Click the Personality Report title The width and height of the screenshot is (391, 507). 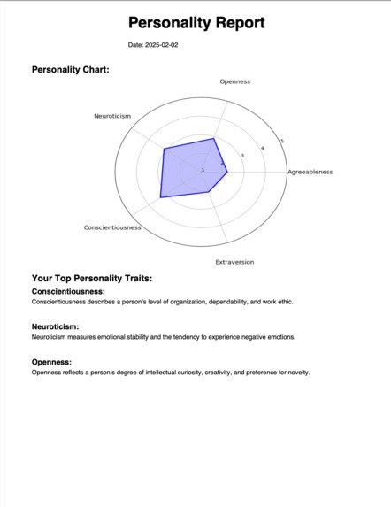click(195, 23)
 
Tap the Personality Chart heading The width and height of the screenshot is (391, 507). click(70, 69)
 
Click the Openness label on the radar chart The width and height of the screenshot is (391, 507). click(235, 81)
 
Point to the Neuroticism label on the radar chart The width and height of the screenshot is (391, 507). click(112, 116)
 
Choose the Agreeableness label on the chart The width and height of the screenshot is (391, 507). click(310, 172)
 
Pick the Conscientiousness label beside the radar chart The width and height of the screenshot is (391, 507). click(112, 227)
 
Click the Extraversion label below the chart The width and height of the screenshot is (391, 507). click(234, 262)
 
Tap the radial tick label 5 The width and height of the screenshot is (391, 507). click(281, 142)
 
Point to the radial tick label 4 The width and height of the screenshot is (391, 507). click(262, 148)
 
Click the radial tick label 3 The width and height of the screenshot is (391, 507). click(242, 155)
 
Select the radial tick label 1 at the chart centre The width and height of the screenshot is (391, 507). click(203, 169)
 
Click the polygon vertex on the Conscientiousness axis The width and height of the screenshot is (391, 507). click(160, 196)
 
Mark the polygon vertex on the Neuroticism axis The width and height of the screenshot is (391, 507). click(164, 149)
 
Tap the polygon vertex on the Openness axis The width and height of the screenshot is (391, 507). click(214, 138)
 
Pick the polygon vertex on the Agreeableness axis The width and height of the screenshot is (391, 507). click(227, 172)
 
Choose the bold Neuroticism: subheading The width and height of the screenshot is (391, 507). click(55, 326)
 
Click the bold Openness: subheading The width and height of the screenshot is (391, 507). click(51, 362)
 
